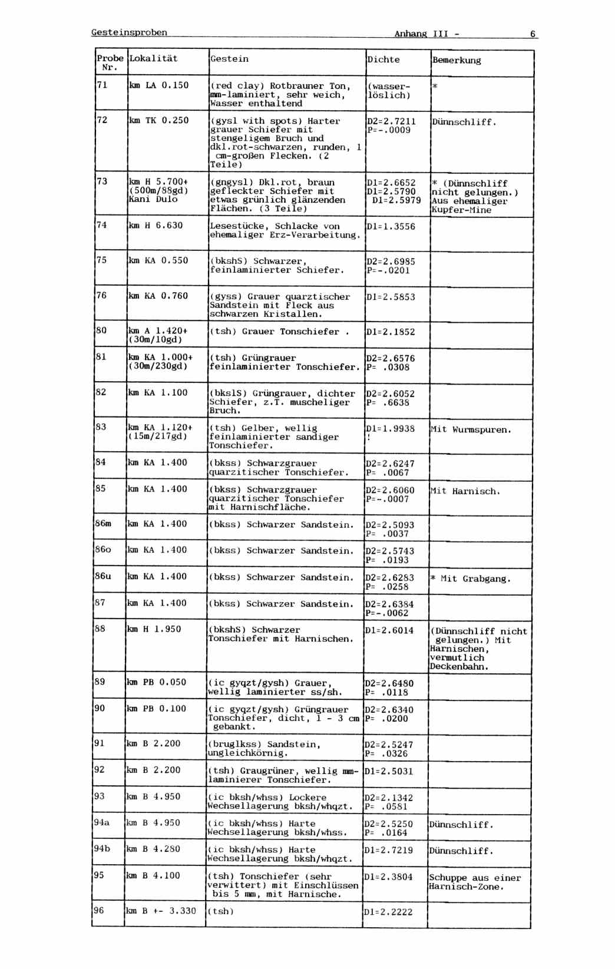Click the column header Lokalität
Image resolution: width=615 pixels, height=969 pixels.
tap(153, 58)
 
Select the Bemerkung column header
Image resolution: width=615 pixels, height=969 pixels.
tap(457, 60)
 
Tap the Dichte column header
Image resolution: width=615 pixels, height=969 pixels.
tap(383, 59)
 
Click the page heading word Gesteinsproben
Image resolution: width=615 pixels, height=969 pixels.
tap(129, 32)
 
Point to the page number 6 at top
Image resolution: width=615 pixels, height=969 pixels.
tap(533, 34)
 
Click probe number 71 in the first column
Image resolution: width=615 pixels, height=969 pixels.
tap(102, 85)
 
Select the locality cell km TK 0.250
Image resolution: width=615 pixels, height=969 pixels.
tap(159, 120)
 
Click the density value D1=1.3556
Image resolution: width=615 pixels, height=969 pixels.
tap(391, 226)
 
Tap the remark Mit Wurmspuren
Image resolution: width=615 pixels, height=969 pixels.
tap(471, 429)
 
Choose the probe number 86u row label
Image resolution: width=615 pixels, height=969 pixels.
tap(103, 576)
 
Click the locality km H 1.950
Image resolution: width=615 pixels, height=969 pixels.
tap(154, 629)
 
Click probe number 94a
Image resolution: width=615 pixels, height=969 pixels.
tap(102, 822)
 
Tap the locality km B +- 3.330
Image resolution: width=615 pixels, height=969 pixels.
tap(161, 911)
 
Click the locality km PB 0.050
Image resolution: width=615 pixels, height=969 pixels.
tap(156, 682)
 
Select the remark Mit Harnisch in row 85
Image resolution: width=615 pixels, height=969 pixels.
tap(465, 491)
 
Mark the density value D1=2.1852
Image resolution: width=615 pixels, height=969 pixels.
tap(391, 332)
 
